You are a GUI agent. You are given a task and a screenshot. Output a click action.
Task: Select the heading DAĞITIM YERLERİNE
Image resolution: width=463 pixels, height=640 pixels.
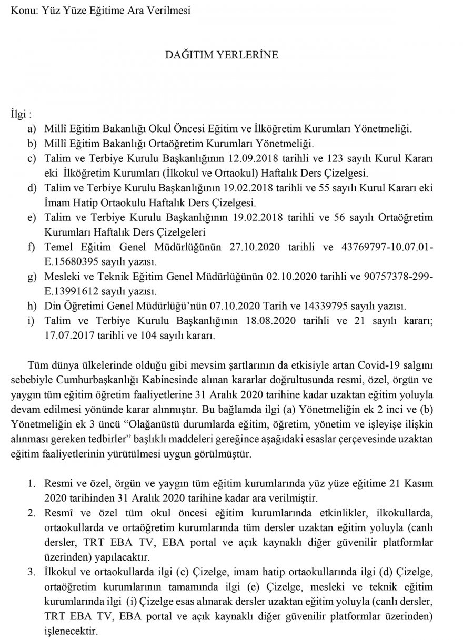229,55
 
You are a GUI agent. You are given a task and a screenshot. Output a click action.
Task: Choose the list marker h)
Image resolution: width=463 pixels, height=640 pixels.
34,306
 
